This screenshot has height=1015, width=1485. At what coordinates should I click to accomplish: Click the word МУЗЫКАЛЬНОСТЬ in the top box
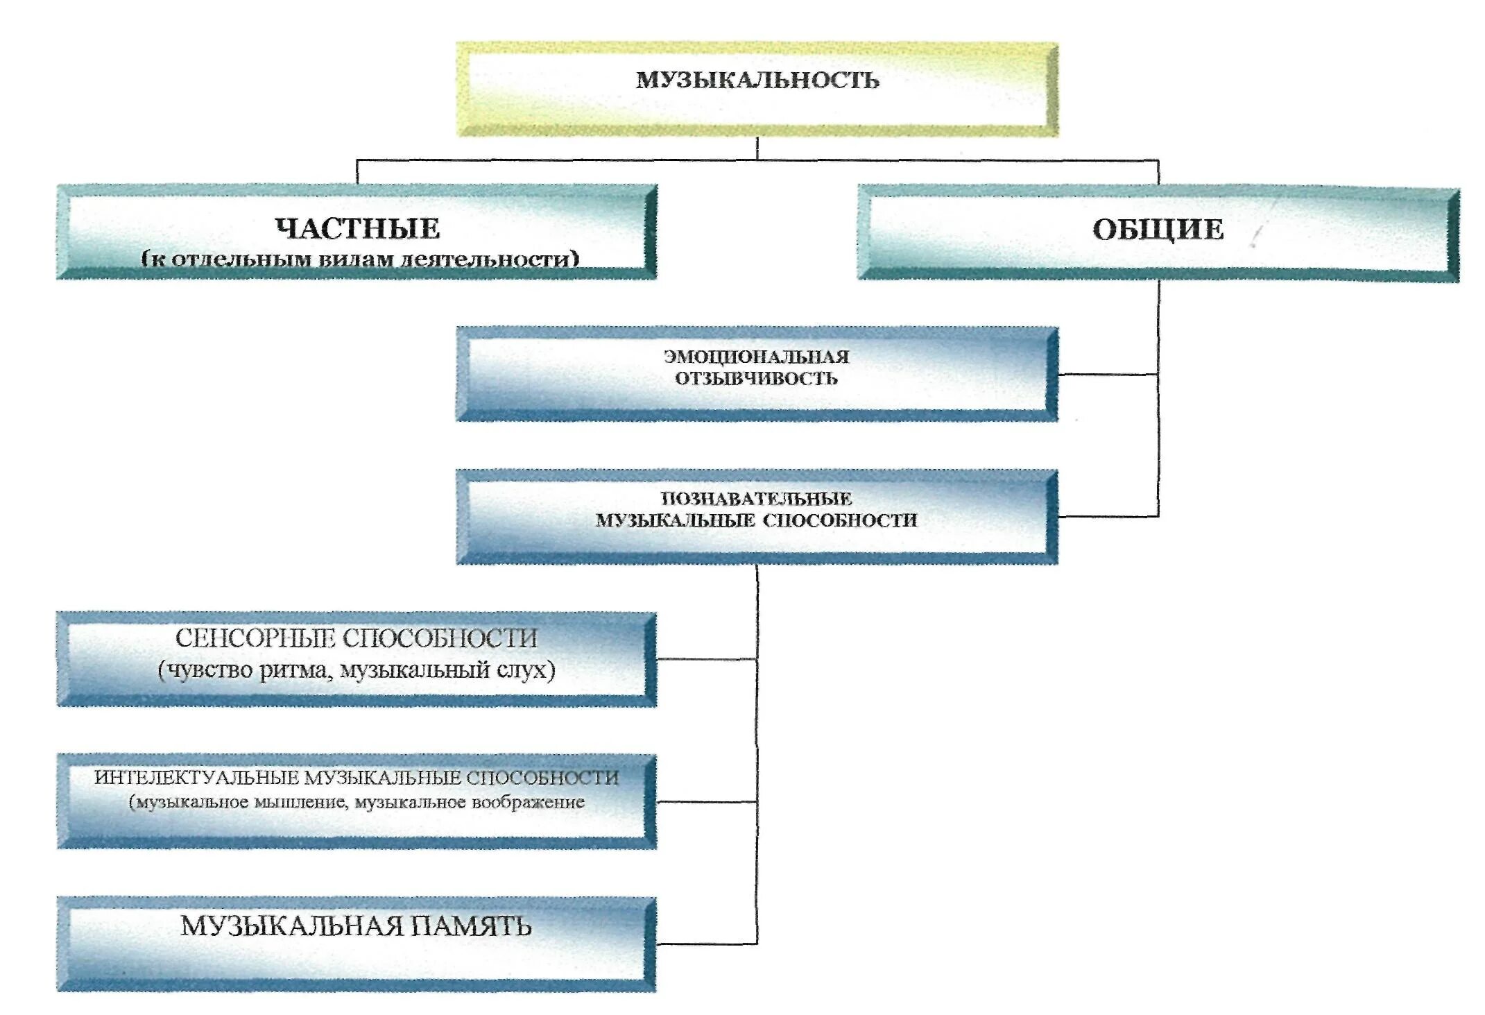coord(757,80)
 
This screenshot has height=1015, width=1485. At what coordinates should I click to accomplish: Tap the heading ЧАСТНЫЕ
coord(357,228)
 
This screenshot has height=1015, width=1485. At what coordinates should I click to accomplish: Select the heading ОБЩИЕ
coord(1158,230)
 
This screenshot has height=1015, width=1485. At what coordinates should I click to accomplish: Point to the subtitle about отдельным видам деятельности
coord(360,259)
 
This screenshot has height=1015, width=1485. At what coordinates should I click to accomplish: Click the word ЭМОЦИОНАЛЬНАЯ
coord(756,357)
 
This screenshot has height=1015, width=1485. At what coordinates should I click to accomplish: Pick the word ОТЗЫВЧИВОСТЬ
coord(756,379)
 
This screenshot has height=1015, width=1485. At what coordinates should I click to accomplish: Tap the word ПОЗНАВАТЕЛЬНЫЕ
coord(756,498)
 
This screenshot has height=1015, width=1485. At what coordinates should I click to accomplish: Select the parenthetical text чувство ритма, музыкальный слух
coord(357,670)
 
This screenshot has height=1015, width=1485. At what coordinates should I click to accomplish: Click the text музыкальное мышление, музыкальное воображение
coord(357,803)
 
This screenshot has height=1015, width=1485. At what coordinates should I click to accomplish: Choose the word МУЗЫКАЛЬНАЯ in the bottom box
coord(292,926)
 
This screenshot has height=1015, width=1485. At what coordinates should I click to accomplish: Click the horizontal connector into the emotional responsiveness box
coord(1108,375)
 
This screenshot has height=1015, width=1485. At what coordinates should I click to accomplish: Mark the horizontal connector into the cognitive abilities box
coord(1108,516)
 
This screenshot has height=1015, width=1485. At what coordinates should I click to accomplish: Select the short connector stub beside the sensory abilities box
coord(706,658)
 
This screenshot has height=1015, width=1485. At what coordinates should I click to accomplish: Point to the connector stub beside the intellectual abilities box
coord(706,802)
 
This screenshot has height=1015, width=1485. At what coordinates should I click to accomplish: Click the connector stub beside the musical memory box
coord(706,944)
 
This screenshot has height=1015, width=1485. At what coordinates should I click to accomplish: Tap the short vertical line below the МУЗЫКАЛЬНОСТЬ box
coord(757,148)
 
